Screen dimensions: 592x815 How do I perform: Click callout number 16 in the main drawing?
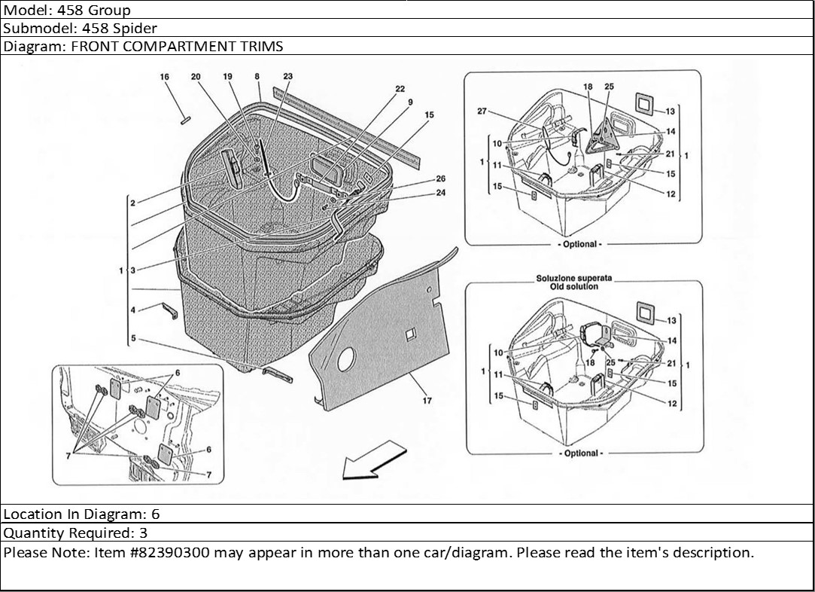click(x=165, y=77)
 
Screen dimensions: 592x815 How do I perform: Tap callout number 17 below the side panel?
click(x=427, y=401)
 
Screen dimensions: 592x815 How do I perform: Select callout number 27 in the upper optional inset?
click(x=482, y=111)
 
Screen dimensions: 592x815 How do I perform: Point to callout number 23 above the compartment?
click(x=288, y=77)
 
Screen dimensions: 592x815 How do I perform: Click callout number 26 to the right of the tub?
click(x=440, y=179)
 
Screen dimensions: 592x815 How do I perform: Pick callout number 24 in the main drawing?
click(x=440, y=192)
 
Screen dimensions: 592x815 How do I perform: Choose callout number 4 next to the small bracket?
click(x=132, y=310)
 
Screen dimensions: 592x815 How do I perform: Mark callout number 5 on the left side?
click(x=132, y=339)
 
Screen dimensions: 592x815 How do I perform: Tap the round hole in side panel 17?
click(x=345, y=361)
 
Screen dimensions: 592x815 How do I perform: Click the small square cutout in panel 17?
click(x=410, y=332)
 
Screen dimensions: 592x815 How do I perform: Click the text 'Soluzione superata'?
click(x=574, y=278)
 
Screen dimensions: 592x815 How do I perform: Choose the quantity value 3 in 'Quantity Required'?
click(x=144, y=533)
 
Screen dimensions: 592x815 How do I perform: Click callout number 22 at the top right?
click(x=400, y=89)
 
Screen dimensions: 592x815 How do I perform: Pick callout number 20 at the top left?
click(x=196, y=77)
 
